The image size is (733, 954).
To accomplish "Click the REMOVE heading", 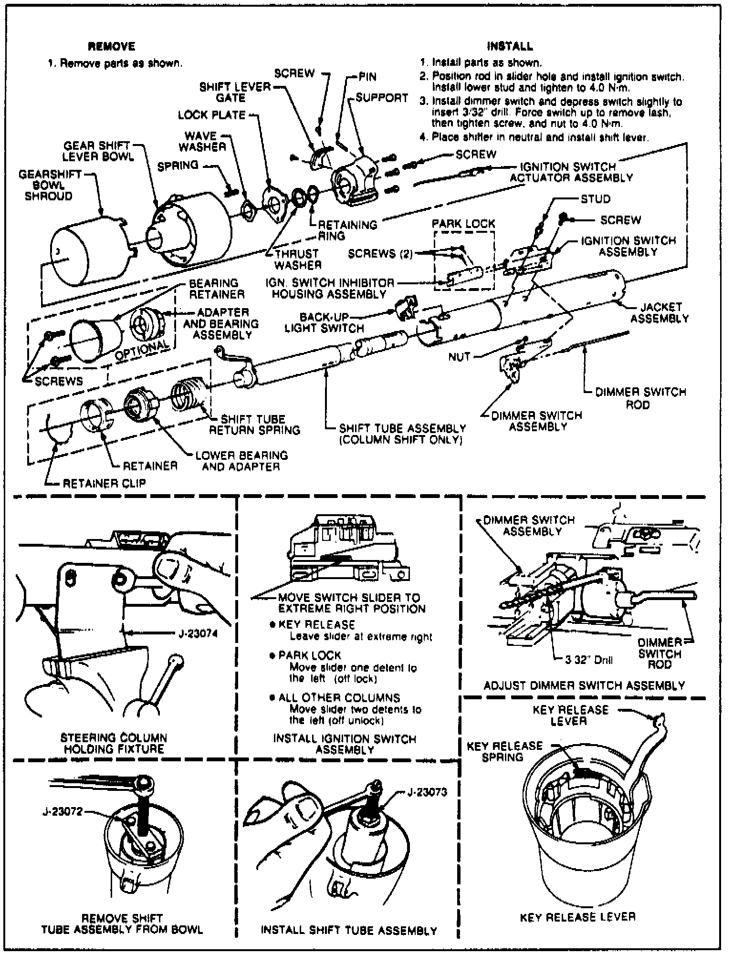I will [112, 46].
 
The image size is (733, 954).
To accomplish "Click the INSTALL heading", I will [510, 46].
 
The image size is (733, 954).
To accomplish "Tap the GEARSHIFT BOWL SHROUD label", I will [49, 185].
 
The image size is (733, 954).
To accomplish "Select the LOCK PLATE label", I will [212, 115].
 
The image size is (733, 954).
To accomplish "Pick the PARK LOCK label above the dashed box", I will [463, 224].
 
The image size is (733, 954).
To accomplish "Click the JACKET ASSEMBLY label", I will [660, 312].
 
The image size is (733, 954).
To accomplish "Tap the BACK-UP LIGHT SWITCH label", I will [325, 323].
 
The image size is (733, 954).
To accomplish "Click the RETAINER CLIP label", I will [105, 483].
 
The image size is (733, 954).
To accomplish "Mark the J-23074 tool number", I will [198, 634].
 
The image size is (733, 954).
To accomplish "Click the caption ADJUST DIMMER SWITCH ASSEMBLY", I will [585, 686].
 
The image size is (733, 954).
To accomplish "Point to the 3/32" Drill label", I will [589, 661].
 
